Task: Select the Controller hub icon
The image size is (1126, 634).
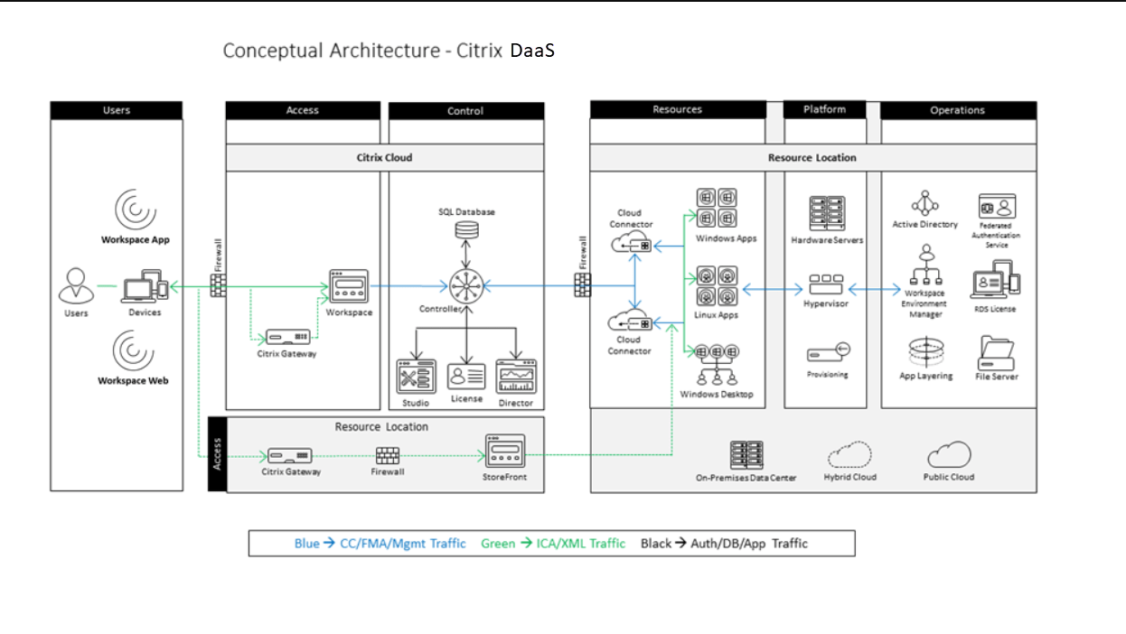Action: pos(466,287)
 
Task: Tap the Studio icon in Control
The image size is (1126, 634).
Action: pos(417,377)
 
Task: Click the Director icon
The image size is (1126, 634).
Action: pos(516,376)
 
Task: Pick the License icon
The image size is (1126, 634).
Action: pos(466,376)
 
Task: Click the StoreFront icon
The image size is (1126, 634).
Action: pos(504,450)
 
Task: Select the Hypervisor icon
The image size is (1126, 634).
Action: pos(826,285)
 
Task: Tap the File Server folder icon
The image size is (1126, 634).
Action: pos(996,352)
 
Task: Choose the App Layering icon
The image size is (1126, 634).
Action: pos(925,352)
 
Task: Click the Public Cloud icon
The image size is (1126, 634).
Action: pos(949,454)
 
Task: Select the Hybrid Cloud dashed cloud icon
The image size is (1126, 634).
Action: pos(849,454)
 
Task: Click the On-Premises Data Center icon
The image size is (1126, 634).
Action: pos(746,455)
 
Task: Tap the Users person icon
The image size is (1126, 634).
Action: pos(76,286)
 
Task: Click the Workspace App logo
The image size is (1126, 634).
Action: pos(135,210)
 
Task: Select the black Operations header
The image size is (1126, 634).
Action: pos(958,110)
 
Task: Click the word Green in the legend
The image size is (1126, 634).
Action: pos(498,544)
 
